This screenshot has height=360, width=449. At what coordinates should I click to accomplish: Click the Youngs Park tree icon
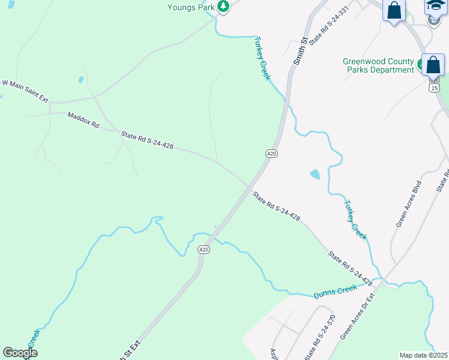223,7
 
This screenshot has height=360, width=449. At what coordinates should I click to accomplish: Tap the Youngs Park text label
191,7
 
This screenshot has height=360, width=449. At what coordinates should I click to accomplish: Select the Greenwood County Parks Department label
378,65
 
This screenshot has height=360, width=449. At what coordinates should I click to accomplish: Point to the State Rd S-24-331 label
328,28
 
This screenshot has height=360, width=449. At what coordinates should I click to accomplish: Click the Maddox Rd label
83,119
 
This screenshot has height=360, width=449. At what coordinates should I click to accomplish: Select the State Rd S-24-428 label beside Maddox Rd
147,140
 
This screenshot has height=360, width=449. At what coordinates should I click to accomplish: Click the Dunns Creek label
335,292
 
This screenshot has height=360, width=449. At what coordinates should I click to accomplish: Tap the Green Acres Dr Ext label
358,316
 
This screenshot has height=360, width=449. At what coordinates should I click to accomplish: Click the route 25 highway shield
433,88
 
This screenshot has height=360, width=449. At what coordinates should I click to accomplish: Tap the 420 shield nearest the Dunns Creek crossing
204,250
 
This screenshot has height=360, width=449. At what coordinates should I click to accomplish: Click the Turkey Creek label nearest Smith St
262,58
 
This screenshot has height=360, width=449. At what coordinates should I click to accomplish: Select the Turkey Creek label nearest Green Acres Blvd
355,220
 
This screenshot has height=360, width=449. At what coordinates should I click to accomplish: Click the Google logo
20,353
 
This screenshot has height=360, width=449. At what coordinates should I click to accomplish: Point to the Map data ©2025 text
423,355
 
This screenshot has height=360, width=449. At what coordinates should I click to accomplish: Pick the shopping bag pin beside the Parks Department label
433,64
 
